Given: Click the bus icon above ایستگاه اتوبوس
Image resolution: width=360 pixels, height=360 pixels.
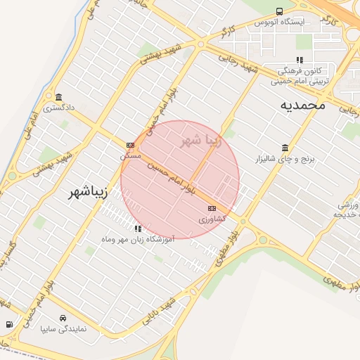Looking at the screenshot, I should click(280, 11).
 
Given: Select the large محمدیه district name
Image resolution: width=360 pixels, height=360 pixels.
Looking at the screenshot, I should click(303, 105).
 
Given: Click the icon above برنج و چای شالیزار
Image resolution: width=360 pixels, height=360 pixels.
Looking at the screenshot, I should click(285, 148).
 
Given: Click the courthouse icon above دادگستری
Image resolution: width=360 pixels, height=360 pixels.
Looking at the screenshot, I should click(58, 97).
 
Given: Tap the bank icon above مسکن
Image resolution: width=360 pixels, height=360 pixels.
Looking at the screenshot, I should click(130, 145).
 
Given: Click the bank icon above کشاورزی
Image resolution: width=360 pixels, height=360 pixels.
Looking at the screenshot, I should click(212, 209).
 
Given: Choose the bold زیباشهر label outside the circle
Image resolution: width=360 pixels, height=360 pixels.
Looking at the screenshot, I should click(89, 191).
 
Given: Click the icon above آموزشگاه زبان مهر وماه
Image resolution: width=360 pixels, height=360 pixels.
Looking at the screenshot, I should click(138, 229).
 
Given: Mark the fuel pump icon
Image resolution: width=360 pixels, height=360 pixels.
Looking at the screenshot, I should click(8, 325).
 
